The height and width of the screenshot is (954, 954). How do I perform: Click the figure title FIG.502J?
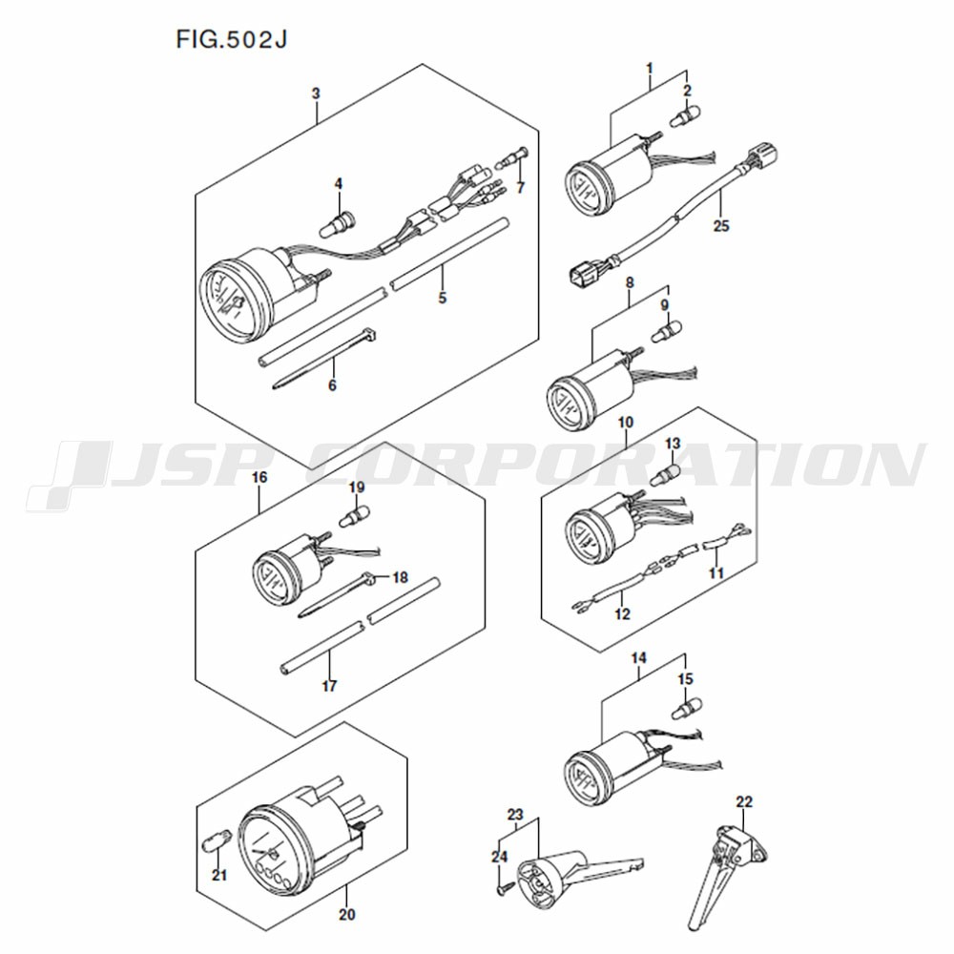[231, 39]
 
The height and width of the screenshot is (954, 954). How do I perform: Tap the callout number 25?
[720, 226]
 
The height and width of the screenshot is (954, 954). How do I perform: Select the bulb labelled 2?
[684, 116]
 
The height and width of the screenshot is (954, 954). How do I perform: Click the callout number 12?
[622, 613]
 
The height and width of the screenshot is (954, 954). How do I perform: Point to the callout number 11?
[716, 572]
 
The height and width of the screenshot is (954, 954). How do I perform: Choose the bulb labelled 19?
[353, 517]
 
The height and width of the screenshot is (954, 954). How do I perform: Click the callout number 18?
[400, 576]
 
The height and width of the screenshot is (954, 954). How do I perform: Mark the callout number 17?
[329, 686]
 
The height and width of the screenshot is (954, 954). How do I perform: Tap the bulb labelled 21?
[216, 843]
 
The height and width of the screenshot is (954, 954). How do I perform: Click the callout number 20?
[347, 915]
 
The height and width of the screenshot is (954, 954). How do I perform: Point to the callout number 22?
[744, 802]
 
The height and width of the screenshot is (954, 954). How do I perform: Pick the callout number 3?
[316, 93]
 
